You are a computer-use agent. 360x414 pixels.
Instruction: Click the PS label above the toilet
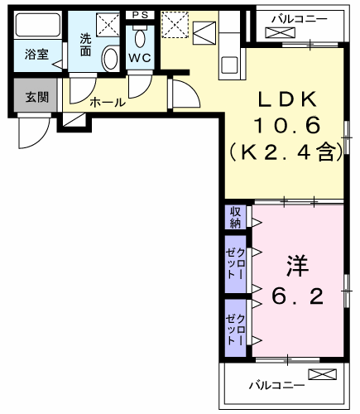tap(140, 15)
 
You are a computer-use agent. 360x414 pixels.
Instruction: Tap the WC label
tap(140, 58)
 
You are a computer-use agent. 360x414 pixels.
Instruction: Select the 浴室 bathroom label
tap(36, 54)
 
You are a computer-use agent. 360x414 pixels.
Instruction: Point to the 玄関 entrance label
tap(37, 97)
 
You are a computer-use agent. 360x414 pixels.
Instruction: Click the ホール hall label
tap(108, 103)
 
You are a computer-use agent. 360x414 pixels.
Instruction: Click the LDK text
tap(287, 99)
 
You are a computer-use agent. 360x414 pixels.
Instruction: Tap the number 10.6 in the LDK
tap(287, 125)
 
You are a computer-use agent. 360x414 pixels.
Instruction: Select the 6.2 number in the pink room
tap(297, 296)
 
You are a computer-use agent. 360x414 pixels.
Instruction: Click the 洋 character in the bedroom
tap(297, 266)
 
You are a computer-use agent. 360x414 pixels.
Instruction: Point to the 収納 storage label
tap(235, 217)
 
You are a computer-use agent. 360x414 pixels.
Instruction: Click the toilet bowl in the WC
tap(140, 38)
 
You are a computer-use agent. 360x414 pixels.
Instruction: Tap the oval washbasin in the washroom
tap(110, 59)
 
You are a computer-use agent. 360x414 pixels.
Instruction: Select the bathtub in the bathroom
tap(38, 25)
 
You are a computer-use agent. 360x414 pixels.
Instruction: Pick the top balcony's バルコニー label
tap(300, 19)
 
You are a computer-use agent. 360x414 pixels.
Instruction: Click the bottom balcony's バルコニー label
tap(277, 385)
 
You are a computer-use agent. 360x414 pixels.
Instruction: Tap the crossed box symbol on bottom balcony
tap(323, 374)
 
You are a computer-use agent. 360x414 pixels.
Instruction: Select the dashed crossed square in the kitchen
tap(175, 25)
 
